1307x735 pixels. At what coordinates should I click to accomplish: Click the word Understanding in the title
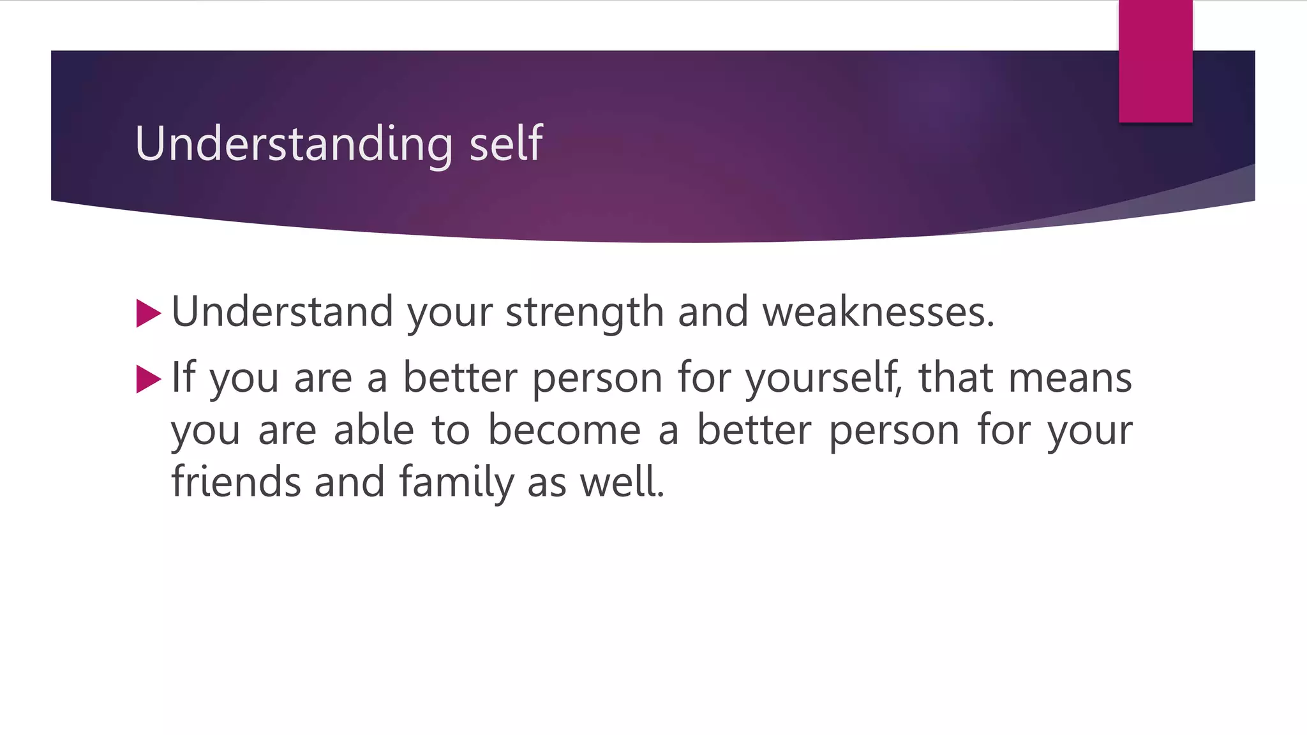click(x=294, y=144)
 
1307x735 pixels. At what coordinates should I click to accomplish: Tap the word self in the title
click(x=506, y=144)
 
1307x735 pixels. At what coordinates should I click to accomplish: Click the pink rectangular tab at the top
click(x=1155, y=61)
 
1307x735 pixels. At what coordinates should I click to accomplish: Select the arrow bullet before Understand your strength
click(x=148, y=313)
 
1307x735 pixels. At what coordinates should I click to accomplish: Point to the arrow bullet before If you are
click(x=148, y=379)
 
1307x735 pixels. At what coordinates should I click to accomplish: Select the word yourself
click(x=823, y=378)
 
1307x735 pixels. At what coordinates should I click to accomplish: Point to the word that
click(x=955, y=376)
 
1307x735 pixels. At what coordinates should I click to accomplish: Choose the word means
click(x=1070, y=378)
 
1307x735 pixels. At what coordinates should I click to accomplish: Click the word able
click(x=374, y=429)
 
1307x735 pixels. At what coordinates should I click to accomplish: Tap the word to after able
click(x=451, y=430)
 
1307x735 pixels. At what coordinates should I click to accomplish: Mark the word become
click(x=564, y=429)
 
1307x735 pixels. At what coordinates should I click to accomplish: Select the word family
click(x=456, y=482)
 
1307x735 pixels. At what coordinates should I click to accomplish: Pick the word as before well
click(x=547, y=483)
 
